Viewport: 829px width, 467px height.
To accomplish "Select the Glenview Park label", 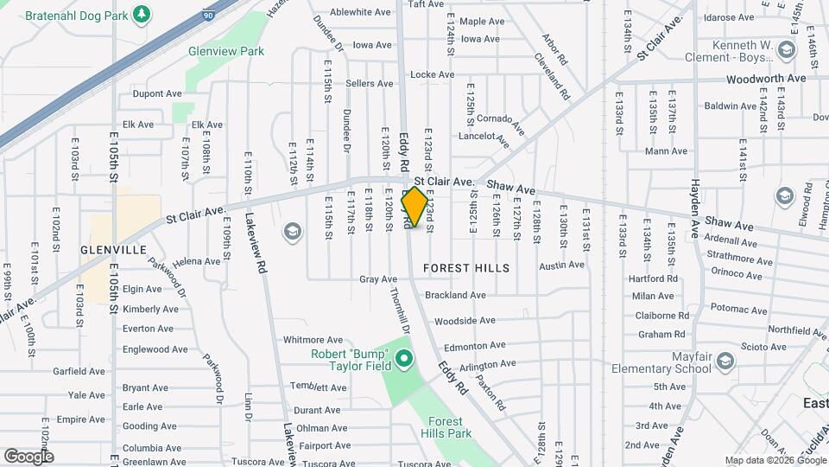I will click(226, 51).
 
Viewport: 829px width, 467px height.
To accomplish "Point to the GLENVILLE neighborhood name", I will click(113, 249).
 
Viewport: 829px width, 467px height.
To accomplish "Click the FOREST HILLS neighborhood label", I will click(466, 268).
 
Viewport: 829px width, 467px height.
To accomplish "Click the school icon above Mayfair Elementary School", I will click(725, 360).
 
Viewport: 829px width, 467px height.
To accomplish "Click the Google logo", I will click(28, 456).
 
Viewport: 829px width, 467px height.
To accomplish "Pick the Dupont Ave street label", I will click(156, 93).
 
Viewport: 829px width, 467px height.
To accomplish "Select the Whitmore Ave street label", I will click(313, 340).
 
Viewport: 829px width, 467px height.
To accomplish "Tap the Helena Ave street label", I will click(196, 261).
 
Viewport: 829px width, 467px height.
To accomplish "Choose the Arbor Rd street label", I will click(554, 50).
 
